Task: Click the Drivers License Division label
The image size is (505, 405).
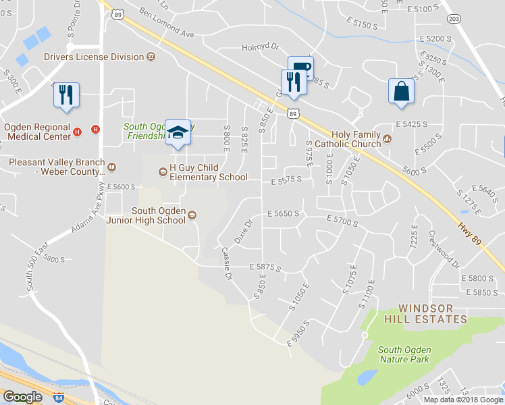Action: pyautogui.click(x=95, y=57)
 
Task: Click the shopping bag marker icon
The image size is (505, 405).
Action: pyautogui.click(x=401, y=91)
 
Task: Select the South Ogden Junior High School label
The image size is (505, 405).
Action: pyautogui.click(x=162, y=215)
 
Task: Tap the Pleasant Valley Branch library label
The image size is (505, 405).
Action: pyautogui.click(x=57, y=167)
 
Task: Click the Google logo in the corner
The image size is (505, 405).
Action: pyautogui.click(x=22, y=397)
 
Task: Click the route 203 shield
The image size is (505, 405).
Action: pyautogui.click(x=454, y=19)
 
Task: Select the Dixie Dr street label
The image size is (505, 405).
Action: pyautogui.click(x=242, y=231)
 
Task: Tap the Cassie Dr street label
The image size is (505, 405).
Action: pyautogui.click(x=227, y=263)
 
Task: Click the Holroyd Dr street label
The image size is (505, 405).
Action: pyautogui.click(x=260, y=47)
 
